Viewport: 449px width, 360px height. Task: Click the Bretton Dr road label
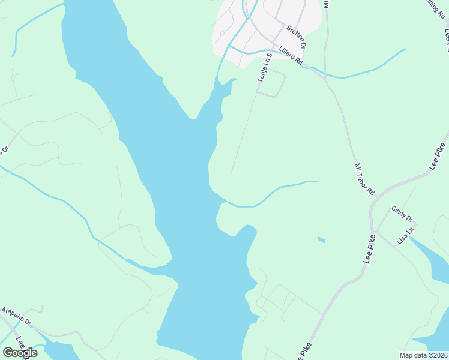click(296, 37)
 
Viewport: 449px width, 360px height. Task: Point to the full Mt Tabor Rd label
click(364, 179)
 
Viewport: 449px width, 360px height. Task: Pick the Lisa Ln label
click(406, 236)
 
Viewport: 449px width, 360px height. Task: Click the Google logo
click(20, 352)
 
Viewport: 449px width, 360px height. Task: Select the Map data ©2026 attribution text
click(424, 355)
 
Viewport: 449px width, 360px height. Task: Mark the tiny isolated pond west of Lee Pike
click(321, 240)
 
